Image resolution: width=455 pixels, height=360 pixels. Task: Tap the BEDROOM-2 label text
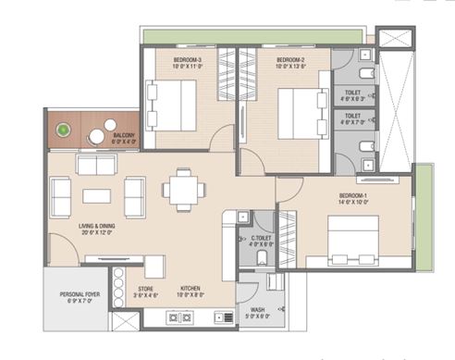pos(289,58)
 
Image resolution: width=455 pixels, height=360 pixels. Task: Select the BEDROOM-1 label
pos(354,197)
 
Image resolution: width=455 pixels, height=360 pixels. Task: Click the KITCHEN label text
pos(191,289)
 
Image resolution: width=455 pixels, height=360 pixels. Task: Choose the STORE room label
pos(146,289)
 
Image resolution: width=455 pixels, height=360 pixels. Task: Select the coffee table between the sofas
pos(96,196)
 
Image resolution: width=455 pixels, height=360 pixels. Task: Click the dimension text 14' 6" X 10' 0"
pos(354,205)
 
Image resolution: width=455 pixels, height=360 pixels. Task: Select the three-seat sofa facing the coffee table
pos(96,165)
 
